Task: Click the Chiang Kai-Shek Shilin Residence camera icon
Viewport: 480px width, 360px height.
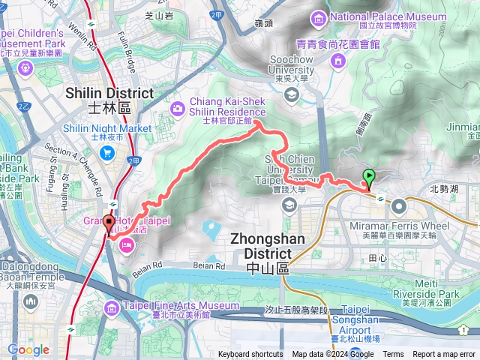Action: pyautogui.click(x=177, y=108)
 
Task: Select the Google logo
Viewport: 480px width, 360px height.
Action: pyautogui.click(x=28, y=349)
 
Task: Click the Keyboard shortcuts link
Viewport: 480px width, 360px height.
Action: pyautogui.click(x=250, y=355)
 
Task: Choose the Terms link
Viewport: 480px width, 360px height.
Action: pyautogui.click(x=393, y=355)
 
